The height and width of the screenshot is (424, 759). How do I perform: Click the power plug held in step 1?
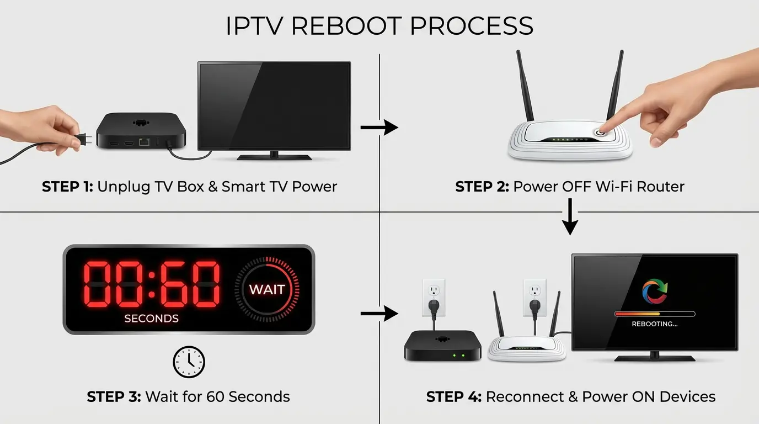point(83,140)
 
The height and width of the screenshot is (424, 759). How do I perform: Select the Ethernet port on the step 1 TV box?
point(144,142)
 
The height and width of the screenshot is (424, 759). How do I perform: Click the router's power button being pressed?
point(600,132)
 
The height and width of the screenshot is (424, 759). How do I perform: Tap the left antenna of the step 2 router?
point(525,86)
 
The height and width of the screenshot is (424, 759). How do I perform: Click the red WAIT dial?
point(267,289)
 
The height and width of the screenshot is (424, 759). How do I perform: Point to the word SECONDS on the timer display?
point(151,319)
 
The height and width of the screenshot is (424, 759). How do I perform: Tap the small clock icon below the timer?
point(189,362)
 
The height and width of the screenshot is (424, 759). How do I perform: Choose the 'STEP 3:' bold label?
point(114,396)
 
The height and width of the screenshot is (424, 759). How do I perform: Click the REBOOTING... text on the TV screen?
point(655,324)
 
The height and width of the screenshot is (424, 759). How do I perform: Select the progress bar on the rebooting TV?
point(655,314)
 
